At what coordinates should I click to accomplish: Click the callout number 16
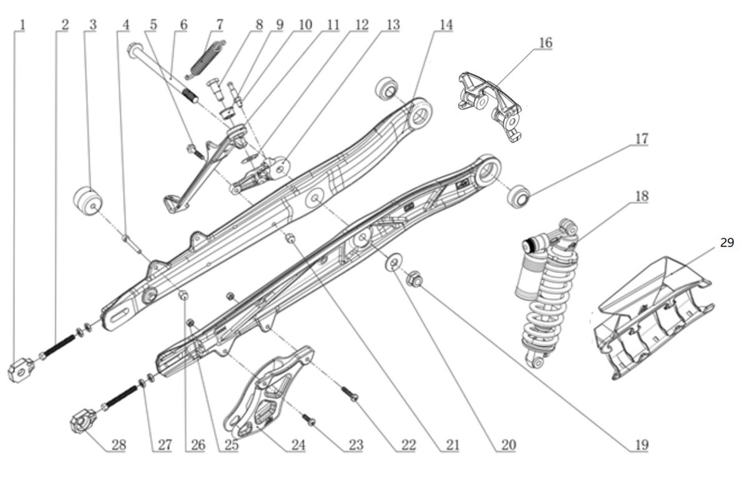545,43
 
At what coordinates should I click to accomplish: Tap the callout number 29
727,242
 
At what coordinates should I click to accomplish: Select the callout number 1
22,25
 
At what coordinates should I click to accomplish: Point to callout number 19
642,445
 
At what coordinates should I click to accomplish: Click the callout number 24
298,445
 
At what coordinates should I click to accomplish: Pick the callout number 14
446,25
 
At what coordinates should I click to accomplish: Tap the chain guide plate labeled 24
268,392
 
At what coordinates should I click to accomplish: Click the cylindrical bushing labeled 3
87,201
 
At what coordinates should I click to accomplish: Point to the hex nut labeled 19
414,279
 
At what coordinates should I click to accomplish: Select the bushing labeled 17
518,196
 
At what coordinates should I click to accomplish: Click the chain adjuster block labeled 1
20,370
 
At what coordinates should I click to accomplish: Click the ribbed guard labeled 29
654,318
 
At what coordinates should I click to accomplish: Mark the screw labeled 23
308,420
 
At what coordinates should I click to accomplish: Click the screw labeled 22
350,394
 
